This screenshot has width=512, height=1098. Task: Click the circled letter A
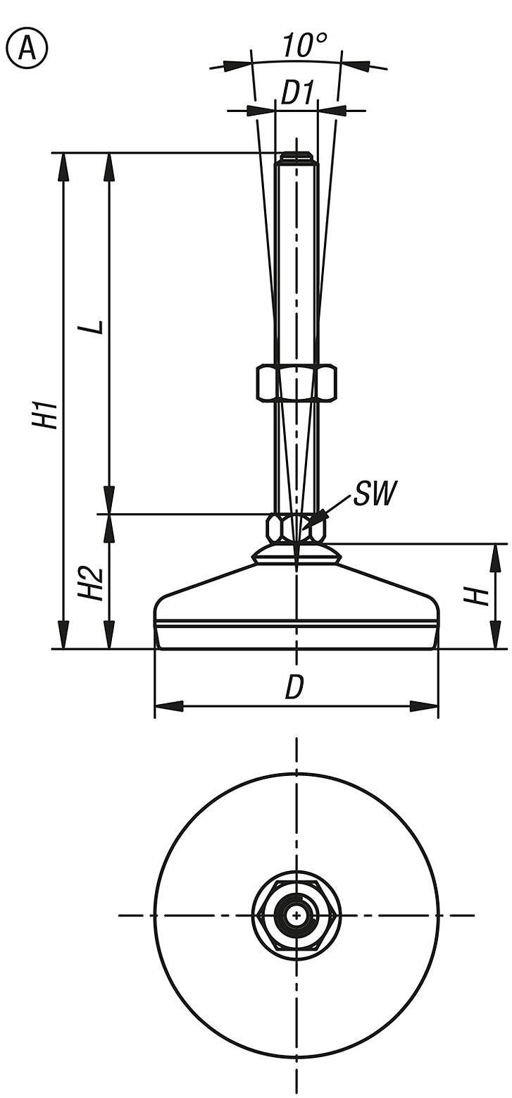26,48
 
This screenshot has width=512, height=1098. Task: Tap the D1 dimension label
296,92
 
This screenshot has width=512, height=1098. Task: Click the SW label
375,494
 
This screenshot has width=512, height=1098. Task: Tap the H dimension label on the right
477,596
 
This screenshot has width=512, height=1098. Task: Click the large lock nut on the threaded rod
296,383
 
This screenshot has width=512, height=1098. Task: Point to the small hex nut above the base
296,527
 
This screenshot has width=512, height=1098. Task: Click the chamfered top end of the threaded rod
296,156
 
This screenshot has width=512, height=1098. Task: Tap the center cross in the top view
297,915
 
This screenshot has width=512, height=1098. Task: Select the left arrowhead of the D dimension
168,705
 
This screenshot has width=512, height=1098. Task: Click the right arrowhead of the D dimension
424,705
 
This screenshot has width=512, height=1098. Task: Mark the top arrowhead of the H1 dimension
64,166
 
